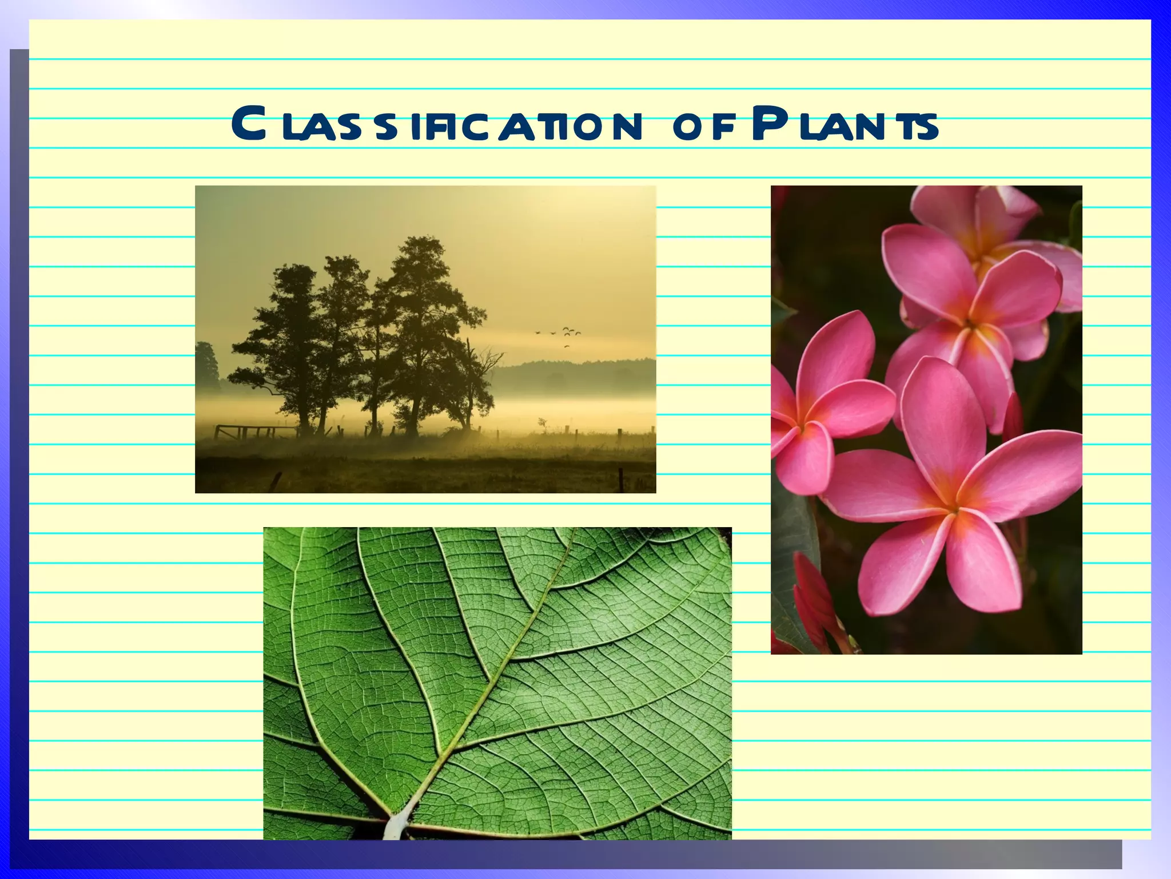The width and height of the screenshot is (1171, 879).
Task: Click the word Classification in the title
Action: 435,125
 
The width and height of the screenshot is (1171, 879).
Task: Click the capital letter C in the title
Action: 250,124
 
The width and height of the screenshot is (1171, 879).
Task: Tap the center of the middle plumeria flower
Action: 969,324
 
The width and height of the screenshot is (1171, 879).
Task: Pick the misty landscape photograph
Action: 425,339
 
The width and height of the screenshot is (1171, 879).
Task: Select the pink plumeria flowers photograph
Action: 926,419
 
